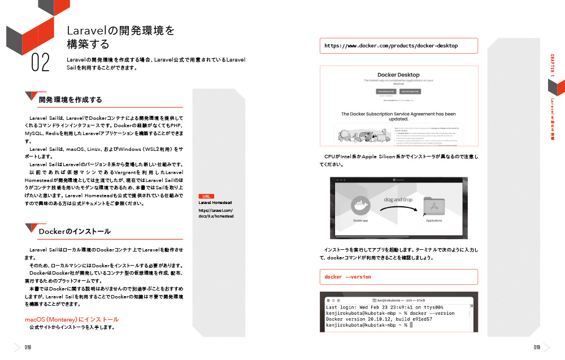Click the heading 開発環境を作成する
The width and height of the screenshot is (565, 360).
point(70,99)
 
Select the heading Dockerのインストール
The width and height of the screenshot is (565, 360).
point(74,232)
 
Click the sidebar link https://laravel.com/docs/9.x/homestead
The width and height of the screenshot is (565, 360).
point(216,213)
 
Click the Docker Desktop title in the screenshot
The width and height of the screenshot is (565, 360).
point(398,75)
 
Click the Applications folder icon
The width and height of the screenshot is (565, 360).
point(434,207)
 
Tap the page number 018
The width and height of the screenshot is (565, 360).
point(28,348)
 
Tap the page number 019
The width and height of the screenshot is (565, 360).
point(537,348)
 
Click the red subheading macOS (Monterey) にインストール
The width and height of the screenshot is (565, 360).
point(72,319)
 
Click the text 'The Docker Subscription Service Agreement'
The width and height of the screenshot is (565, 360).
point(398,116)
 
